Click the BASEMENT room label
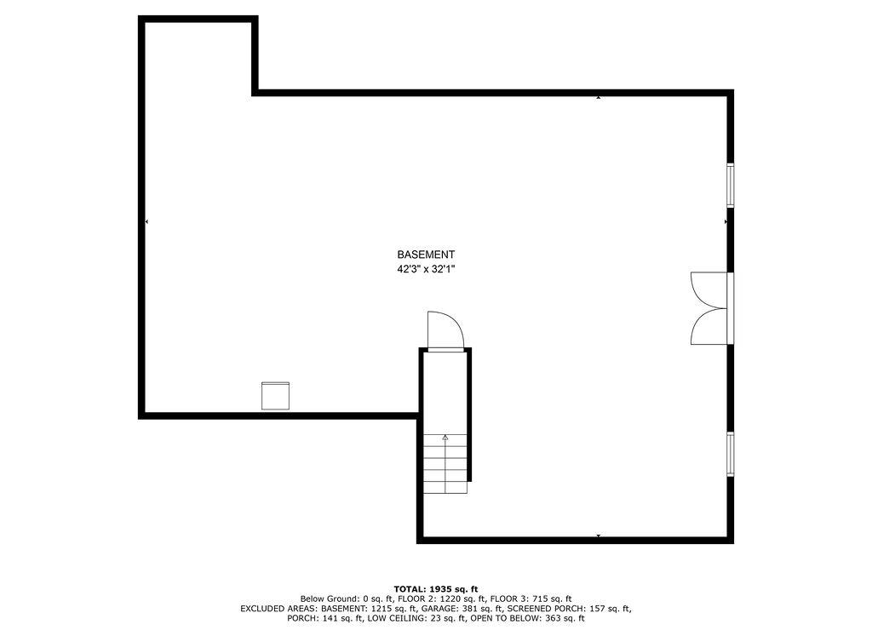point(426,255)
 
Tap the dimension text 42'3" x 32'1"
point(426,269)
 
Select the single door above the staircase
point(445,332)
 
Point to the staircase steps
point(446,465)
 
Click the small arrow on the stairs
point(445,438)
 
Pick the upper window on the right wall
point(730,185)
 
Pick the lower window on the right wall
point(730,454)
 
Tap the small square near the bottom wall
point(275,396)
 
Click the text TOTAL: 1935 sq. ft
point(436,589)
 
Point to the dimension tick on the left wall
point(147,221)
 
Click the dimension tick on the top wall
point(599,98)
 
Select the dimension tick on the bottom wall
point(599,535)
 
